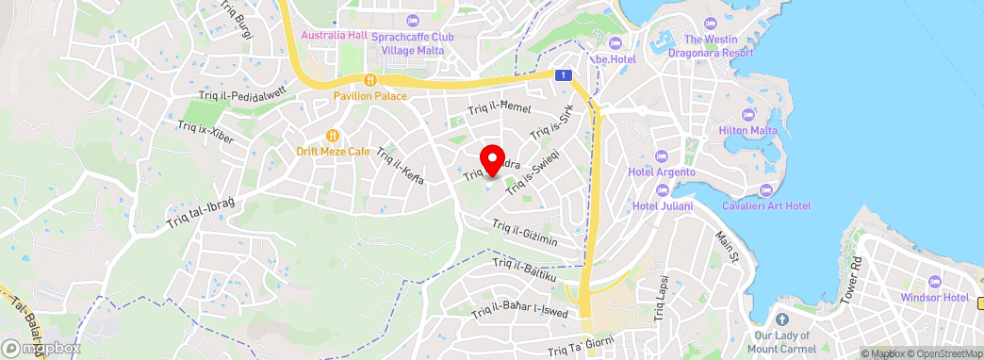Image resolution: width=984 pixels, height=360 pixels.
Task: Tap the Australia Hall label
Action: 333,36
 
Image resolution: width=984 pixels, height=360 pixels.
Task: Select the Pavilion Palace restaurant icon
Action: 370,80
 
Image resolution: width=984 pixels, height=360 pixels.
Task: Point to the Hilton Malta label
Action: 746,129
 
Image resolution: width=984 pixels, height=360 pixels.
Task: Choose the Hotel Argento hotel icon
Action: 661,156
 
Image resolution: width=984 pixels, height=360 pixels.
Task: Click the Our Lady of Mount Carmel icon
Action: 779,318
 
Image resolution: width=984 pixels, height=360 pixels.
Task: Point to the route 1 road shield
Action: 563,74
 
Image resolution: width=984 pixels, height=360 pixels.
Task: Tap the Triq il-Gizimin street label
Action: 526,233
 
